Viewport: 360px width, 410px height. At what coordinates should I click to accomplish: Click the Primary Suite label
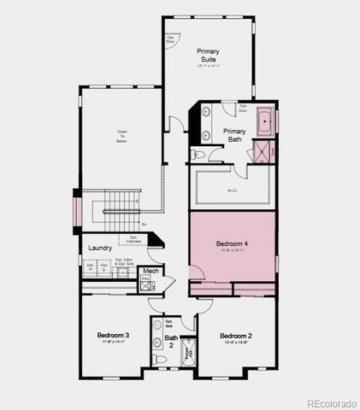coord(208,56)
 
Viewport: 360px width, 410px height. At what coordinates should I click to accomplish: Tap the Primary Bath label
coord(235,134)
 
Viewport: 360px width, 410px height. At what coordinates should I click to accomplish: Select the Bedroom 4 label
coord(232,244)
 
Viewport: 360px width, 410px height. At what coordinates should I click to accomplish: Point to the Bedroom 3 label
coord(113,335)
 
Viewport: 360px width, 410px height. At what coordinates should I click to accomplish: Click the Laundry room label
coord(100,249)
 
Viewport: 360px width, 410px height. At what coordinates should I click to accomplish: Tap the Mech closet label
coord(150,272)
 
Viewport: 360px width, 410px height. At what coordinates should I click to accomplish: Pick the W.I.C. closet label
coord(233,190)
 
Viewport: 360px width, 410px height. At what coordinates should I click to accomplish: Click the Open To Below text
coord(121,137)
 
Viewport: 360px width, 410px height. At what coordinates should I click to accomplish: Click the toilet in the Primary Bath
coord(198,155)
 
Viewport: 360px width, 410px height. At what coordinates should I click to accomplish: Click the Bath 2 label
coord(171,342)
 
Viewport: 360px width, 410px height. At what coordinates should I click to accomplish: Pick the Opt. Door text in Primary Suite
coord(171,38)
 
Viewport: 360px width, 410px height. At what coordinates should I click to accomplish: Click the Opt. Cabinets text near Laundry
coord(135,239)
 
